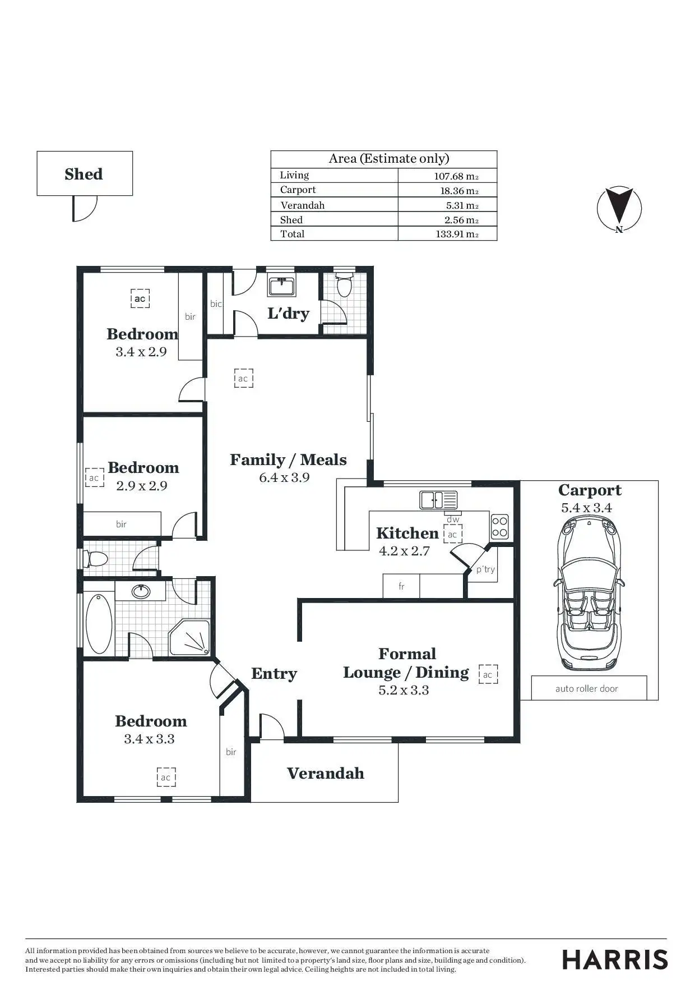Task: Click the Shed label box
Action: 84,173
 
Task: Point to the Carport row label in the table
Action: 298,190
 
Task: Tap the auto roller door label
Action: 587,688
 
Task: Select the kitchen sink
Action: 438,499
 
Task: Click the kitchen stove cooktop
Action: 499,526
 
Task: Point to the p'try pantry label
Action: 485,569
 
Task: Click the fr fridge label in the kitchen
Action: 401,587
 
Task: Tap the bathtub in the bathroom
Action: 99,623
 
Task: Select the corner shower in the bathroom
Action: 189,638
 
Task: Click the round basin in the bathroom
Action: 140,591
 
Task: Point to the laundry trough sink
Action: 282,286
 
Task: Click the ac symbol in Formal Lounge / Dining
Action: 488,674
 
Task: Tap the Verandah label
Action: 325,773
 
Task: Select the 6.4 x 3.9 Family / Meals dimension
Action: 284,477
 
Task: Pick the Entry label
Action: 274,673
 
